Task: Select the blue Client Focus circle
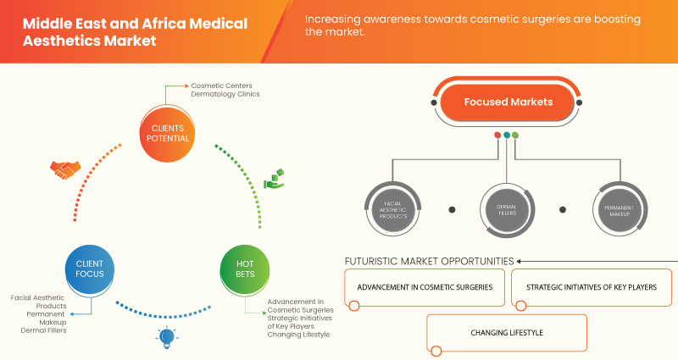(84, 269)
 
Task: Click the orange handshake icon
(64, 169)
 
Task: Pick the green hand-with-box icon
(274, 179)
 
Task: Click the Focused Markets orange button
(508, 102)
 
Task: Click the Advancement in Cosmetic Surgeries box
(425, 287)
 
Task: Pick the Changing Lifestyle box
(506, 333)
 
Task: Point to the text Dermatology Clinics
(225, 94)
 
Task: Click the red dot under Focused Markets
(497, 135)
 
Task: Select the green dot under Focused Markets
(515, 135)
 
